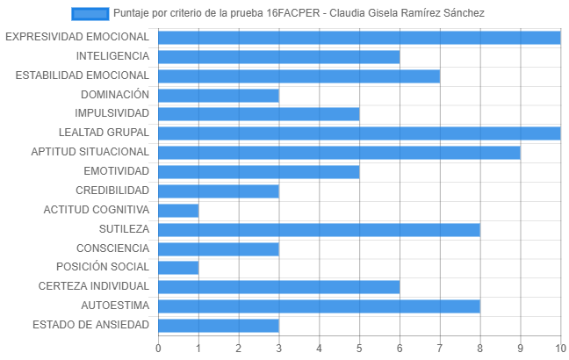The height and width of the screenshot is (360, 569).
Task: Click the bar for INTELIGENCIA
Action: (279, 57)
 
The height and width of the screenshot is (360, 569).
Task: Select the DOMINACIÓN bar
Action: (219, 96)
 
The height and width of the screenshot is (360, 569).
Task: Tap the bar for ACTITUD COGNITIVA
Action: (178, 211)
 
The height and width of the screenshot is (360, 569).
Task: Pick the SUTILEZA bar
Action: (319, 230)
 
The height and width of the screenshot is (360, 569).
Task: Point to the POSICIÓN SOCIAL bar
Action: (178, 268)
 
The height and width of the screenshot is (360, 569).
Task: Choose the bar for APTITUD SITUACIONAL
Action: (339, 153)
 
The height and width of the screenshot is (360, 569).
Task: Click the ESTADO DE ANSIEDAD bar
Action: (219, 326)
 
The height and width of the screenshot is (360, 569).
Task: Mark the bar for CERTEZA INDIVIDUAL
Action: (279, 287)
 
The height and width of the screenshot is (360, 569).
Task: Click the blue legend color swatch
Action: (90, 14)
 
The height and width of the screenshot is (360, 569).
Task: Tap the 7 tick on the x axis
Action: (440, 349)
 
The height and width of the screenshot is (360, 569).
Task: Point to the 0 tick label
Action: (158, 349)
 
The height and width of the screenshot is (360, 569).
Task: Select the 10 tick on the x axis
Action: (560, 349)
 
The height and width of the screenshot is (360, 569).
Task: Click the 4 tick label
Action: (319, 349)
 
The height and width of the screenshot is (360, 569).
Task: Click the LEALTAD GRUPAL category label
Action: (104, 133)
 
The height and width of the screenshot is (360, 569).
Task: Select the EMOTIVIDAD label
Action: (116, 171)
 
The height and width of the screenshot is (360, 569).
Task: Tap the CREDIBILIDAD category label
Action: (112, 191)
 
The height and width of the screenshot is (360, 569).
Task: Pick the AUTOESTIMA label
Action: (115, 306)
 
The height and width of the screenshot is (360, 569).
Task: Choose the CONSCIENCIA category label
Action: (112, 248)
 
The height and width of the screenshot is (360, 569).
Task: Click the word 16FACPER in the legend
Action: (293, 13)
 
